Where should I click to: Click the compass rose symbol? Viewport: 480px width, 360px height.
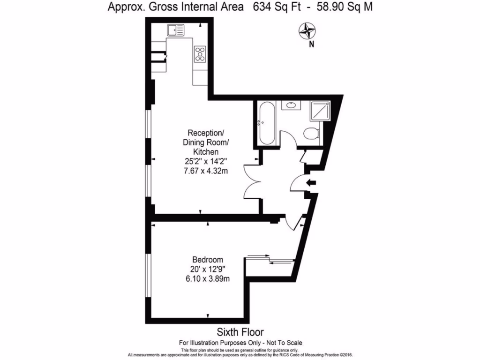pos(308,31)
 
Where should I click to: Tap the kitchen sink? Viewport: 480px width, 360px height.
pos(175,30)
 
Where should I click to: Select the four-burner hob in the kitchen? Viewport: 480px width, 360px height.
pos(200,54)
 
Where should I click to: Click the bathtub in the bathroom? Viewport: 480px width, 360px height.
pos(263,123)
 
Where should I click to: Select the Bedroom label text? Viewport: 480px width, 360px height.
pos(208,260)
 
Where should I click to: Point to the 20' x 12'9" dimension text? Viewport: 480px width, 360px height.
pos(208,270)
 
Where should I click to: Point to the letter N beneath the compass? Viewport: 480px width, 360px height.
pos(311,45)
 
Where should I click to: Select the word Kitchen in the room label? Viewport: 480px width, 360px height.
pos(206,152)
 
